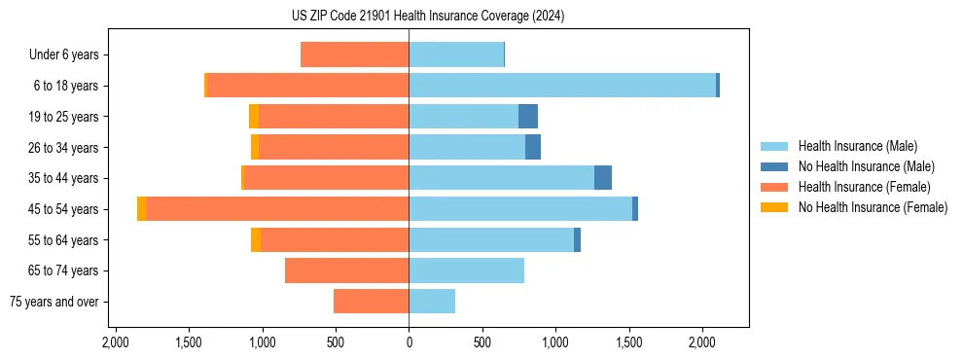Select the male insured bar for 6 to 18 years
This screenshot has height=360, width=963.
[x=562, y=86]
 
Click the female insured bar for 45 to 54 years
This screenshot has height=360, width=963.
[x=277, y=209]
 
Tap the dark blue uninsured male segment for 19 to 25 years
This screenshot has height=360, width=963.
[x=528, y=117]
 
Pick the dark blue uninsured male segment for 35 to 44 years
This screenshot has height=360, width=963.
[x=603, y=178]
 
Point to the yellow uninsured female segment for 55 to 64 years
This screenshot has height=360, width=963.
[x=256, y=240]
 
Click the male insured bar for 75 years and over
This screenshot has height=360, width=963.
[x=432, y=302]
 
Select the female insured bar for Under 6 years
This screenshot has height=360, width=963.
[x=355, y=54]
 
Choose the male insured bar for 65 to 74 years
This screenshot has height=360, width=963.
[x=467, y=270]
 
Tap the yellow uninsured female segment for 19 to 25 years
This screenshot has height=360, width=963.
[x=254, y=117]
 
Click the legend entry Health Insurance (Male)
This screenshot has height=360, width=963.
[x=852, y=147]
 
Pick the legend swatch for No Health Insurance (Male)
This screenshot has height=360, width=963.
[x=775, y=167]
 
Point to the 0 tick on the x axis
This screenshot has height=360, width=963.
[x=409, y=342]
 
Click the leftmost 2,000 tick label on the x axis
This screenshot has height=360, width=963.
[x=116, y=342]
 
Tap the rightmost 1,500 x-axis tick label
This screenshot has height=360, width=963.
[x=629, y=342]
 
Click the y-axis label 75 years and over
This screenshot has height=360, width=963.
[x=54, y=302]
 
